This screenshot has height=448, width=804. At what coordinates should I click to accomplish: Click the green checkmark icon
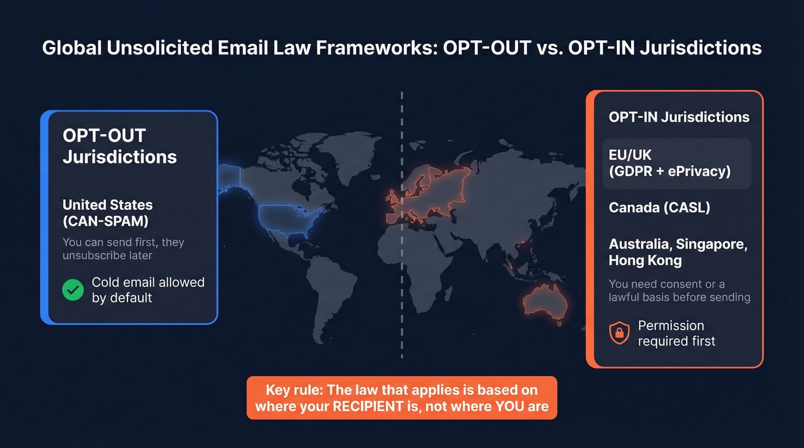73,290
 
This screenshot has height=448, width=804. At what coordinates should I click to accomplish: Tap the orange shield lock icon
619,333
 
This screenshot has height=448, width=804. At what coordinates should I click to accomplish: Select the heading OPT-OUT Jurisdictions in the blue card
119,146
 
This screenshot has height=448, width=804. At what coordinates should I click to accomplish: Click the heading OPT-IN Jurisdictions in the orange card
679,117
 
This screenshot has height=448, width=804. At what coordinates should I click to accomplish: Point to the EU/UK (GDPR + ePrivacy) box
677,163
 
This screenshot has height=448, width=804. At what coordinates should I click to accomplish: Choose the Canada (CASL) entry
659,208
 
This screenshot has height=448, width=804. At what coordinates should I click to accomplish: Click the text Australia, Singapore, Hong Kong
678,252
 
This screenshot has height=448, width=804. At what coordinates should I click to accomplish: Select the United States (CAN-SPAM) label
107,212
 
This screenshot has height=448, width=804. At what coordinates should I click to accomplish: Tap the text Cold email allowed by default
148,290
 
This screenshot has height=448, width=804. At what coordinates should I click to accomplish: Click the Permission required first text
677,333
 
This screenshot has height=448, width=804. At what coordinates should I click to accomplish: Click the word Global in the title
72,48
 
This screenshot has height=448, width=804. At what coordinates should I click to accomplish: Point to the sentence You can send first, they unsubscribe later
123,248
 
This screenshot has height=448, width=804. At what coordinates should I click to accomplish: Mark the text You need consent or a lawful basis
679,290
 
